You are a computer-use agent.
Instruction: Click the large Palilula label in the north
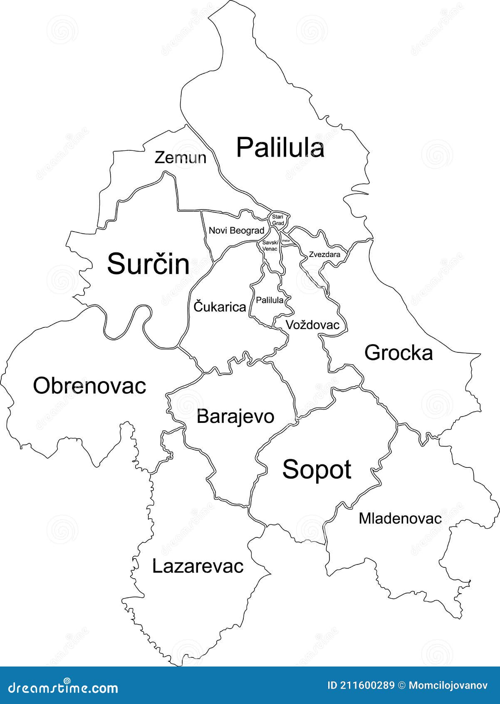tap(280, 147)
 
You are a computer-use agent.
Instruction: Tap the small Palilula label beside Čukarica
tap(270, 300)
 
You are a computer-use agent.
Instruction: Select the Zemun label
tap(180, 158)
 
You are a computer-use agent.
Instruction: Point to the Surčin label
tap(148, 264)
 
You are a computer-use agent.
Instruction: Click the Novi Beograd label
tap(236, 230)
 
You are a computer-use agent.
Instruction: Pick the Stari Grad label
tap(277, 220)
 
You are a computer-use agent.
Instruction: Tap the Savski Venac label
tap(270, 245)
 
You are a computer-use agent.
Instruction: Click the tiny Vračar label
tap(286, 241)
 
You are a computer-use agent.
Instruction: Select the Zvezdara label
tap(324, 255)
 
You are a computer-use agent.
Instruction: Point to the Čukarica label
tap(220, 307)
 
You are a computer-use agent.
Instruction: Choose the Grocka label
tap(399, 353)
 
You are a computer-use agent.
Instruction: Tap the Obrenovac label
tap(89, 386)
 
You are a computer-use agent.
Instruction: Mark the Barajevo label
tap(235, 416)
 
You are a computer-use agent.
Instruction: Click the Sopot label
tap(317, 469)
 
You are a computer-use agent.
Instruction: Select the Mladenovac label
tap(400, 518)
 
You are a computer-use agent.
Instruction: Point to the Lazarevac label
tap(198, 566)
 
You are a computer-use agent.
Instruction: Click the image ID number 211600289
tap(366, 685)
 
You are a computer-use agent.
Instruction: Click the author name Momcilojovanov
tap(448, 685)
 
